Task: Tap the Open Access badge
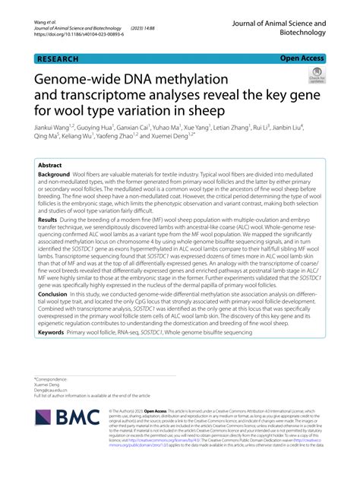(302, 57)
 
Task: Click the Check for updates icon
(314, 75)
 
